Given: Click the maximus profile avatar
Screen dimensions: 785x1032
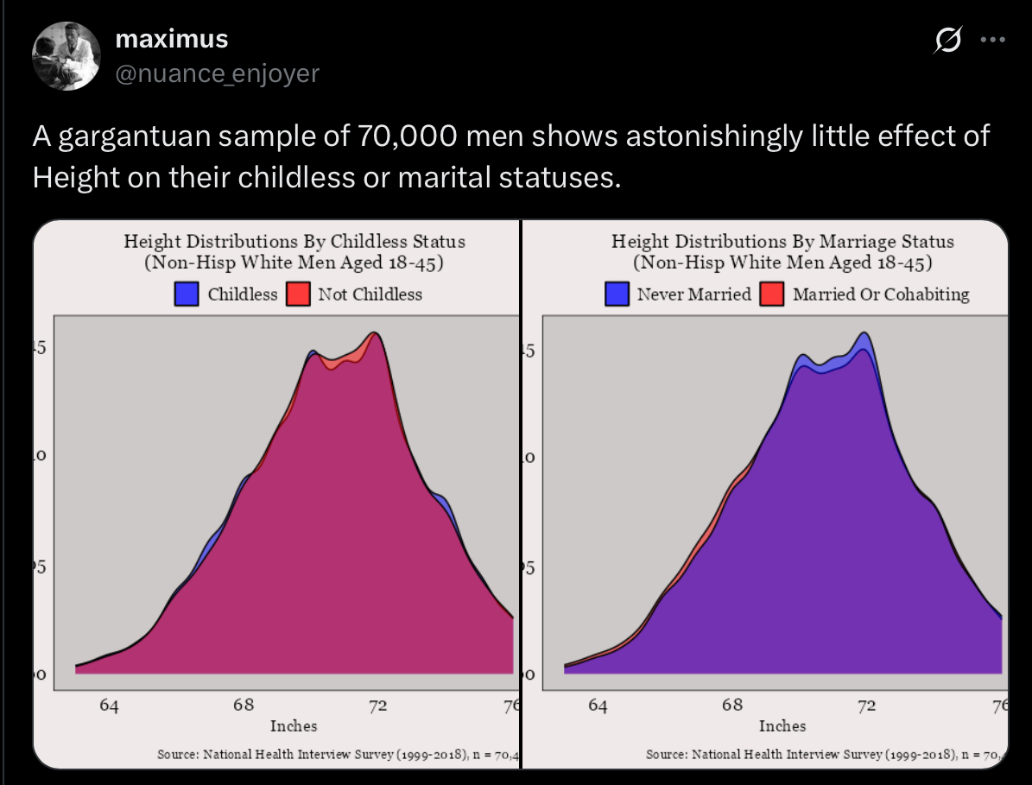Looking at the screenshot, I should click(66, 56).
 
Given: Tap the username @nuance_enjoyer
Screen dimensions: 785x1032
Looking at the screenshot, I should click(217, 73).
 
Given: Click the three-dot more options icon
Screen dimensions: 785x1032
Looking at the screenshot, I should click(993, 41).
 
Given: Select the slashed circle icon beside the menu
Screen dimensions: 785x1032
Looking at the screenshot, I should click(949, 41).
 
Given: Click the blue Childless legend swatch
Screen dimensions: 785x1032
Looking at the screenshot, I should click(187, 294).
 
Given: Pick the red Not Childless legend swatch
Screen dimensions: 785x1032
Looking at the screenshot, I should click(298, 294).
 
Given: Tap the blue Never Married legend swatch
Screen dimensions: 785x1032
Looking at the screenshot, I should click(617, 294).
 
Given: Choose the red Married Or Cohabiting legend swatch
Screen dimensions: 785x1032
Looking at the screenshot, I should click(771, 294).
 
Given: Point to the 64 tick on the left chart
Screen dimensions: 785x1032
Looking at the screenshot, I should click(109, 706).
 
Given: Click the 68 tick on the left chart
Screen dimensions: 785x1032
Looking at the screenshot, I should click(244, 706).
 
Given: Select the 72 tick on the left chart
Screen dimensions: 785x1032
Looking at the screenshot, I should click(378, 706).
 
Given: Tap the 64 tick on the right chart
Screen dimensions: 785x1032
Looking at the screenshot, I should click(598, 706).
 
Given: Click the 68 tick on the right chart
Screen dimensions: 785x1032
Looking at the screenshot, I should click(732, 706).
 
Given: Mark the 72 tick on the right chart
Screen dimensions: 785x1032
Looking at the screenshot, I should click(867, 706).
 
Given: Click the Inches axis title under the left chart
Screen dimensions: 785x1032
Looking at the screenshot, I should click(294, 725).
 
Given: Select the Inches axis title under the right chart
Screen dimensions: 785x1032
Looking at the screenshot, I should click(782, 725).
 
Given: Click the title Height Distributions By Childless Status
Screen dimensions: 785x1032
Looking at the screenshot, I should click(294, 241).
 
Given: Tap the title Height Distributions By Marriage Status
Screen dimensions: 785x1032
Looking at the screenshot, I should click(782, 241).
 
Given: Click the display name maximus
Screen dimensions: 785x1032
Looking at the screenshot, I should click(171, 39).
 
